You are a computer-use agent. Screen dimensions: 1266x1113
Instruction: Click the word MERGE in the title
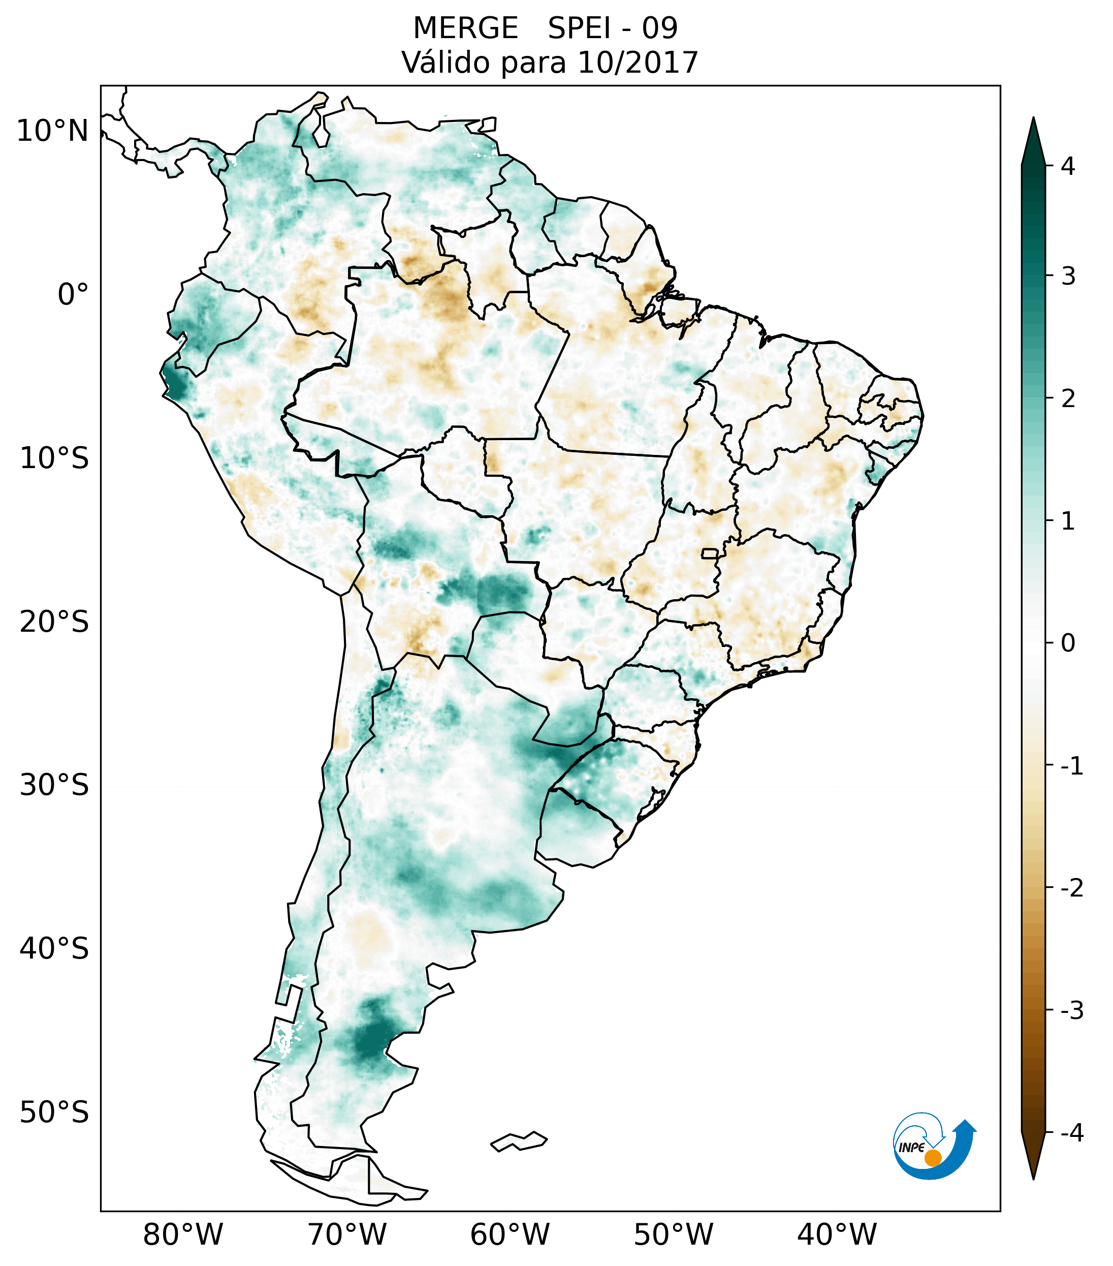465,28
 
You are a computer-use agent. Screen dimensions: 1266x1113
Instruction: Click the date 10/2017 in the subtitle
638,63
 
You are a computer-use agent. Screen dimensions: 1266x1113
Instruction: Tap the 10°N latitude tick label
52,131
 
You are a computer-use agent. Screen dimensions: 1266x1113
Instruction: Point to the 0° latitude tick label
73,295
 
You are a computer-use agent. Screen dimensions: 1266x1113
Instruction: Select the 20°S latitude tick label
54,622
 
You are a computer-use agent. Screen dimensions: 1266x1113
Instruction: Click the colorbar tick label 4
1068,166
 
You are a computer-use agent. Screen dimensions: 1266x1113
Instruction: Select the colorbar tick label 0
1068,643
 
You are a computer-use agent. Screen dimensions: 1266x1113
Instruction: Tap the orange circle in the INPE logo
933,1158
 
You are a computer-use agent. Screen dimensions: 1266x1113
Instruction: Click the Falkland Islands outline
519,1141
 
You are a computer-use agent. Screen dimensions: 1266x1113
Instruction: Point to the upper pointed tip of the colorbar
1033,119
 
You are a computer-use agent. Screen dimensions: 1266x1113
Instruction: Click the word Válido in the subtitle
439,63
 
